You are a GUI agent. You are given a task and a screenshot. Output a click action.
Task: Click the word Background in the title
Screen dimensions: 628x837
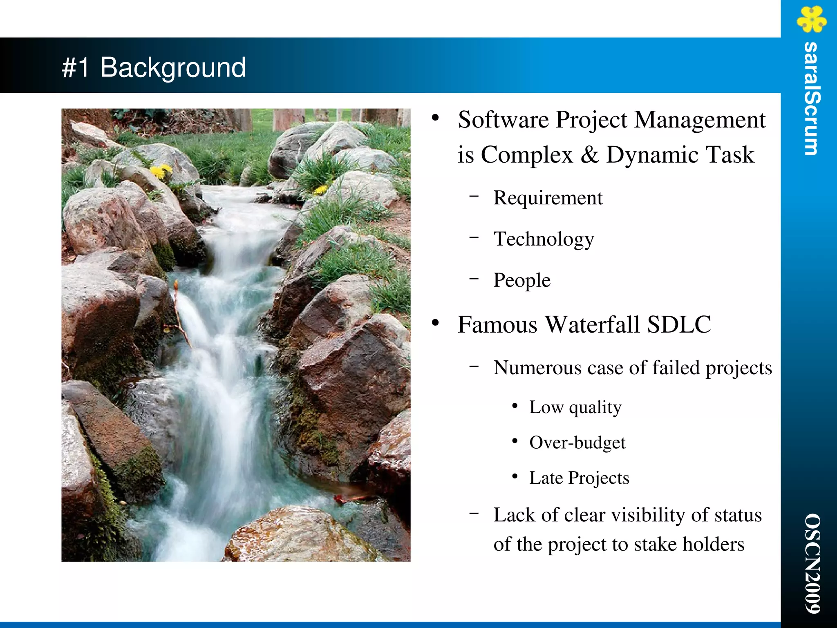pyautogui.click(x=173, y=68)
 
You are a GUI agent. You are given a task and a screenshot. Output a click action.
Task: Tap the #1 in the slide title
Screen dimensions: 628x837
pyautogui.click(x=76, y=68)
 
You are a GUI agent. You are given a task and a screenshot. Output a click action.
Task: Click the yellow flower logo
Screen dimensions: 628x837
pyautogui.click(x=811, y=19)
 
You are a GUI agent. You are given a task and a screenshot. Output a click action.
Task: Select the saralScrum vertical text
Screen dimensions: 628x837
pyautogui.click(x=811, y=98)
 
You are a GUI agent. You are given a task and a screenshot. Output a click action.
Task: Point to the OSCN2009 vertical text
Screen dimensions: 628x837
pyautogui.click(x=812, y=563)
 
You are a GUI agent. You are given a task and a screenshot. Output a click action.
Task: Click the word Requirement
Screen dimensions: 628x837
pyautogui.click(x=548, y=198)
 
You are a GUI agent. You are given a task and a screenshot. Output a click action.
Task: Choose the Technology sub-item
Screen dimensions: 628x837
pyautogui.click(x=544, y=239)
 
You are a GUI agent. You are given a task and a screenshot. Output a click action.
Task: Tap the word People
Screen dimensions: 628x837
pyautogui.click(x=522, y=281)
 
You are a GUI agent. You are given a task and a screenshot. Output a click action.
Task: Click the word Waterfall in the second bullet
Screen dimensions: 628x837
pyautogui.click(x=593, y=325)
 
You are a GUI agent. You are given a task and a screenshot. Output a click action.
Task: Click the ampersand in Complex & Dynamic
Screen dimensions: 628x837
pyautogui.click(x=589, y=155)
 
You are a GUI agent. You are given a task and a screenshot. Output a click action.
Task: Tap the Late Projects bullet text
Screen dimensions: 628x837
pyautogui.click(x=579, y=478)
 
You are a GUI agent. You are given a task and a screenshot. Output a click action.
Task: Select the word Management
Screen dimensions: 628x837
pyautogui.click(x=700, y=120)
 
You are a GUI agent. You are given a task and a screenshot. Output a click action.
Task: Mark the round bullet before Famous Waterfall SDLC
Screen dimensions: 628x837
pyautogui.click(x=435, y=323)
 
